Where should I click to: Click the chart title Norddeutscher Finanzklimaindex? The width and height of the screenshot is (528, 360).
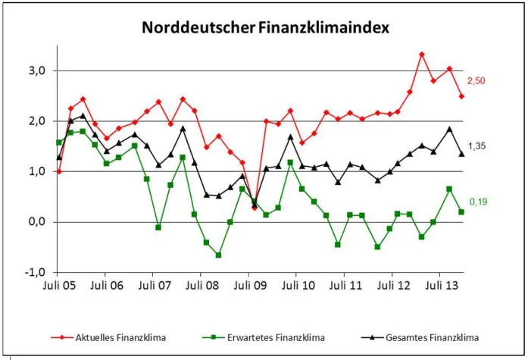point(265,29)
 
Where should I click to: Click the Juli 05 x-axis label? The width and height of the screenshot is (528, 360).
point(59,288)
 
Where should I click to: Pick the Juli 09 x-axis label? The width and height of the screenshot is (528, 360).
point(250,288)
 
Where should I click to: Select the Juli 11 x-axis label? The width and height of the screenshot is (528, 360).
point(345,288)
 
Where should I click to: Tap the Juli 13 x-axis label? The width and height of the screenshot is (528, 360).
point(441,288)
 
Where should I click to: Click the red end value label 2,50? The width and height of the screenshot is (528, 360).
point(476,80)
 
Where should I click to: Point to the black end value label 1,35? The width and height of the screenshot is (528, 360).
point(476,146)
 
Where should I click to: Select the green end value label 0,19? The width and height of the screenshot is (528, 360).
point(476,202)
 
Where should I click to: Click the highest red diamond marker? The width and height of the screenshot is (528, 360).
point(422,55)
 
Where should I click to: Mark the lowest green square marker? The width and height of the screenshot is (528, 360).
point(218,255)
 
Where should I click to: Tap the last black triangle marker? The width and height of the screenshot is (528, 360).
point(461,154)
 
